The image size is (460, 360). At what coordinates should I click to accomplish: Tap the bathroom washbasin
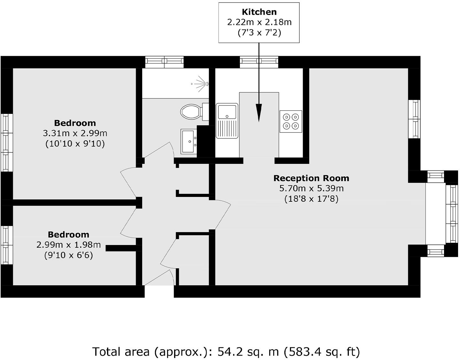[189, 141]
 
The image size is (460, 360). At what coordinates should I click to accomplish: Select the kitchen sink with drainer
[227, 121]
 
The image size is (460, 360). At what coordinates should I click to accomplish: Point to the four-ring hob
[291, 121]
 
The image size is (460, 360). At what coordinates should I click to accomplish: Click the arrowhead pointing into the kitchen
[259, 113]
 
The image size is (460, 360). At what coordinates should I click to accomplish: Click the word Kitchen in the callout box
[259, 12]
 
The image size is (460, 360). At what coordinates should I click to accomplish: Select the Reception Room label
[311, 178]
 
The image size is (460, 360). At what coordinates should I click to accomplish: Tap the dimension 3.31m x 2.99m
[75, 133]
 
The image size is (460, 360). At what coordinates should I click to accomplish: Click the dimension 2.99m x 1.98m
[69, 245]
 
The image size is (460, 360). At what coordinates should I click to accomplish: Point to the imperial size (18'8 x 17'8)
[311, 199]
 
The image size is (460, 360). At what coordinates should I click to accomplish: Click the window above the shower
[165, 62]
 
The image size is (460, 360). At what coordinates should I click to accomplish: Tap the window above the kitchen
[259, 62]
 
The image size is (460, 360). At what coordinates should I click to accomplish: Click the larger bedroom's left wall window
[6, 142]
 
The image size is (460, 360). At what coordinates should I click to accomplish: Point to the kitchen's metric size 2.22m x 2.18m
[259, 22]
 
